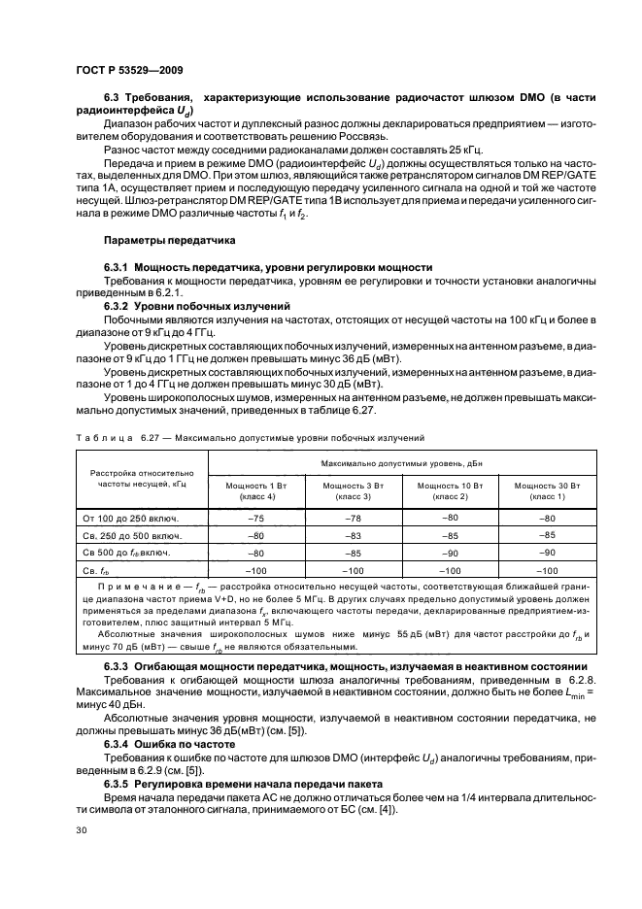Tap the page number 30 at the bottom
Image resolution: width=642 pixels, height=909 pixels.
pos(80,829)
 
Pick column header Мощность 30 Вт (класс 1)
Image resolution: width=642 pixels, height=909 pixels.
pos(547,489)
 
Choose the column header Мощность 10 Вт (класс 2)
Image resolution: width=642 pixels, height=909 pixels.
pos(450,489)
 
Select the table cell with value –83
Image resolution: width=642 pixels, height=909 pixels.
pos(354,535)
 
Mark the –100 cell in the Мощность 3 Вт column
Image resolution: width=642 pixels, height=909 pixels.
pos(354,571)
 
